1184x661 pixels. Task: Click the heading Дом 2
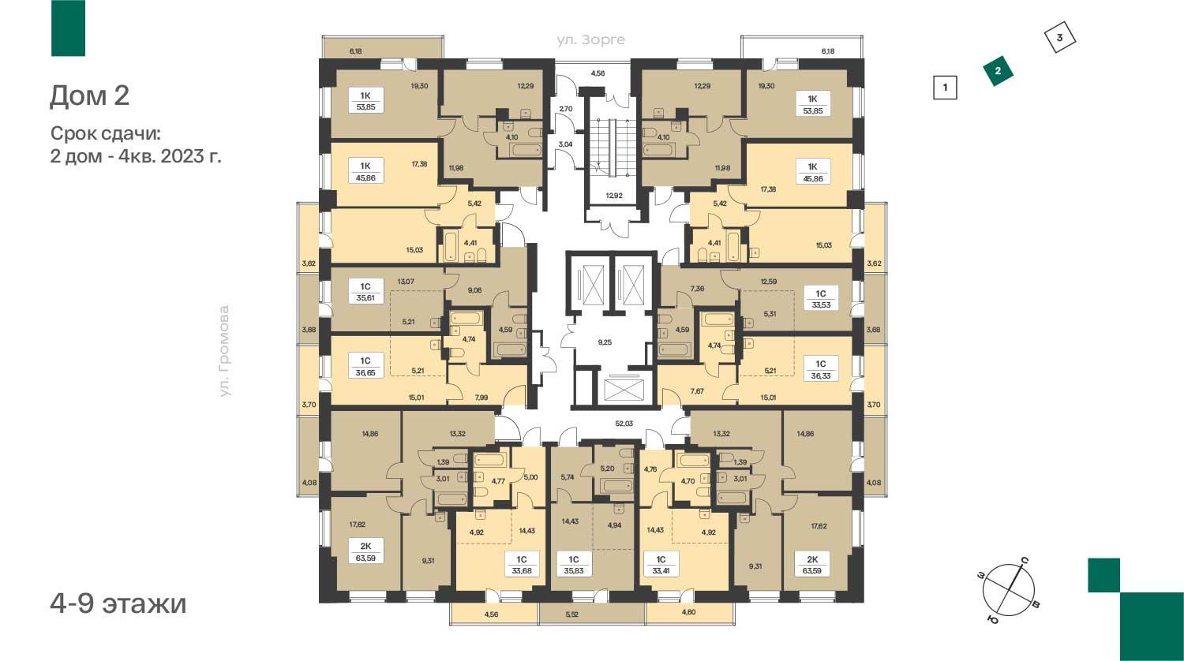click(x=89, y=96)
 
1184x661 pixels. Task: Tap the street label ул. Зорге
click(x=590, y=39)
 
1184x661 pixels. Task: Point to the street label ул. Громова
click(x=225, y=351)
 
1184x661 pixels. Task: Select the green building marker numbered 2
click(x=998, y=71)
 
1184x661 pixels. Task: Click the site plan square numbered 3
click(x=1060, y=38)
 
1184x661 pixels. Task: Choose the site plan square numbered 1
click(x=945, y=88)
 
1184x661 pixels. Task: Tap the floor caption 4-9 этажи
click(x=118, y=603)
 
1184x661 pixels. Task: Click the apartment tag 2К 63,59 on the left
click(x=365, y=551)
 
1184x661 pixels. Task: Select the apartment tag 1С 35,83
click(x=574, y=565)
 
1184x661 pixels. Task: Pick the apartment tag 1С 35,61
click(x=365, y=291)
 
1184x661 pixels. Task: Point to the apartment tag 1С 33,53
click(x=820, y=298)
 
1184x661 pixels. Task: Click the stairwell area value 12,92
click(x=614, y=196)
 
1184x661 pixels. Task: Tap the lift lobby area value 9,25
click(x=605, y=342)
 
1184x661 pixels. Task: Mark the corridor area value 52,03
click(x=624, y=424)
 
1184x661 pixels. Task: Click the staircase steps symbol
click(x=613, y=148)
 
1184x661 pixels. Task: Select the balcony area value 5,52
click(x=572, y=614)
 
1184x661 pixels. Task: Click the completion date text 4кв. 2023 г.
click(x=170, y=156)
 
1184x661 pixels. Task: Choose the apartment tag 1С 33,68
click(x=522, y=565)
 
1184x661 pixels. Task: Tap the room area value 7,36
click(x=697, y=289)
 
